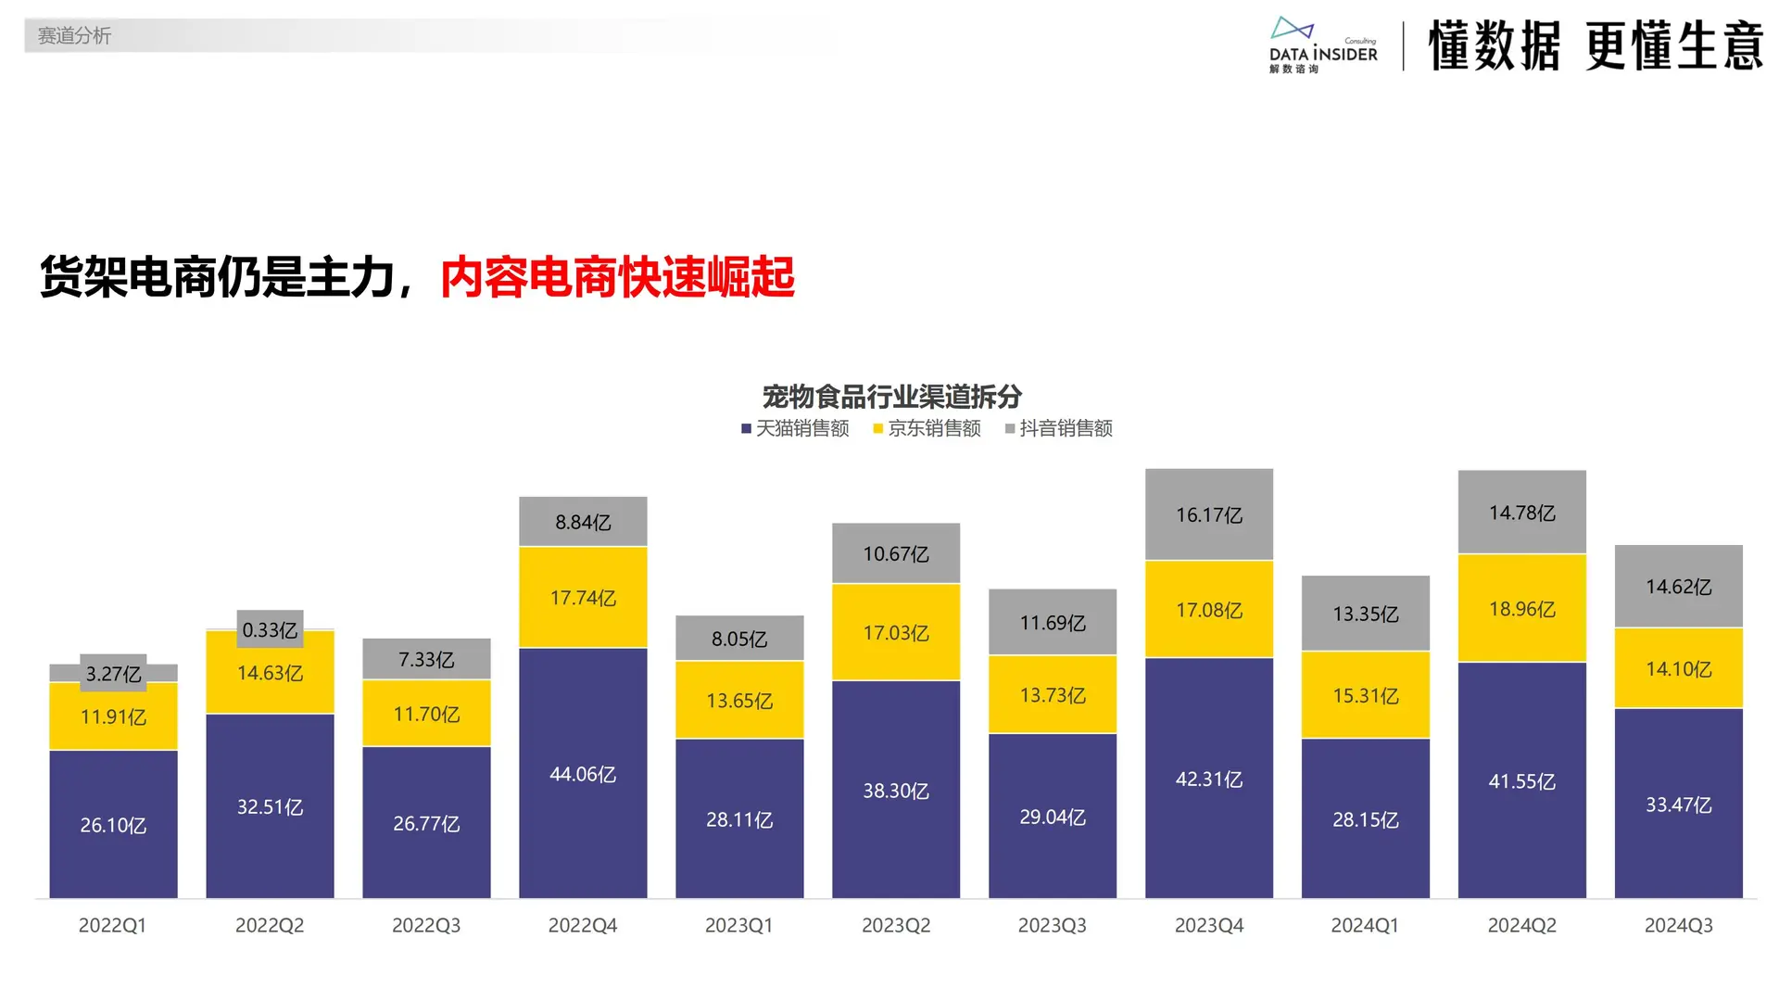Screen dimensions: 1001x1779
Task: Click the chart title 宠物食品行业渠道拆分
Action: pos(891,397)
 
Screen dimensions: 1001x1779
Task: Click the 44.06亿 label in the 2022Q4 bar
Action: pos(583,774)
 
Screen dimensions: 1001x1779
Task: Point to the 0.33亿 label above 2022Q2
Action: pos(270,630)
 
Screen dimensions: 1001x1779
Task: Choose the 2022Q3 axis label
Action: pos(426,925)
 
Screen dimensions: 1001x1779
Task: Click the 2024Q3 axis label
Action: pos(1678,925)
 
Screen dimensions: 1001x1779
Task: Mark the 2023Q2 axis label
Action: pos(896,925)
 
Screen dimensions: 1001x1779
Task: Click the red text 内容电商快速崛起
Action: pos(617,277)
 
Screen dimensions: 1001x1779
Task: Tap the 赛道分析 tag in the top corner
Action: pos(74,36)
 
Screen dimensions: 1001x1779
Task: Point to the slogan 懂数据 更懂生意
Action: pos(1595,45)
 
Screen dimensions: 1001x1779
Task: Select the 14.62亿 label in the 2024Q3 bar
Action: pos(1678,587)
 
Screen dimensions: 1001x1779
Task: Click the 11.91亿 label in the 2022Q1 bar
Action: pos(113,716)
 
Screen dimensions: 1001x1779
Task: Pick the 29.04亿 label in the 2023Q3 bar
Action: pos(1053,817)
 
